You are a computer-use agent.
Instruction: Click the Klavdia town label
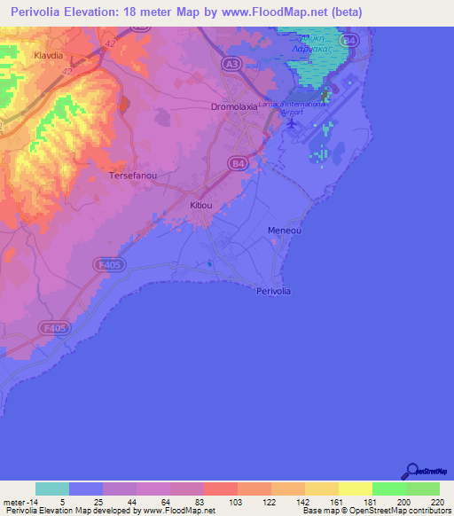click(48, 54)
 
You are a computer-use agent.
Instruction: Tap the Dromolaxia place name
click(234, 106)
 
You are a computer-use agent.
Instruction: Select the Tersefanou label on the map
click(132, 176)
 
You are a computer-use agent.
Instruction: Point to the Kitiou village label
click(201, 205)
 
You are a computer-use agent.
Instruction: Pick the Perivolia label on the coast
click(273, 291)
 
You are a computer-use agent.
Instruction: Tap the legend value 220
click(435, 501)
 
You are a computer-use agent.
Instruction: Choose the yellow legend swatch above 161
click(355, 489)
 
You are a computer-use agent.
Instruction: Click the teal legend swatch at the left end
click(52, 489)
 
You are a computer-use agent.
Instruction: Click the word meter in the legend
click(15, 501)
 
